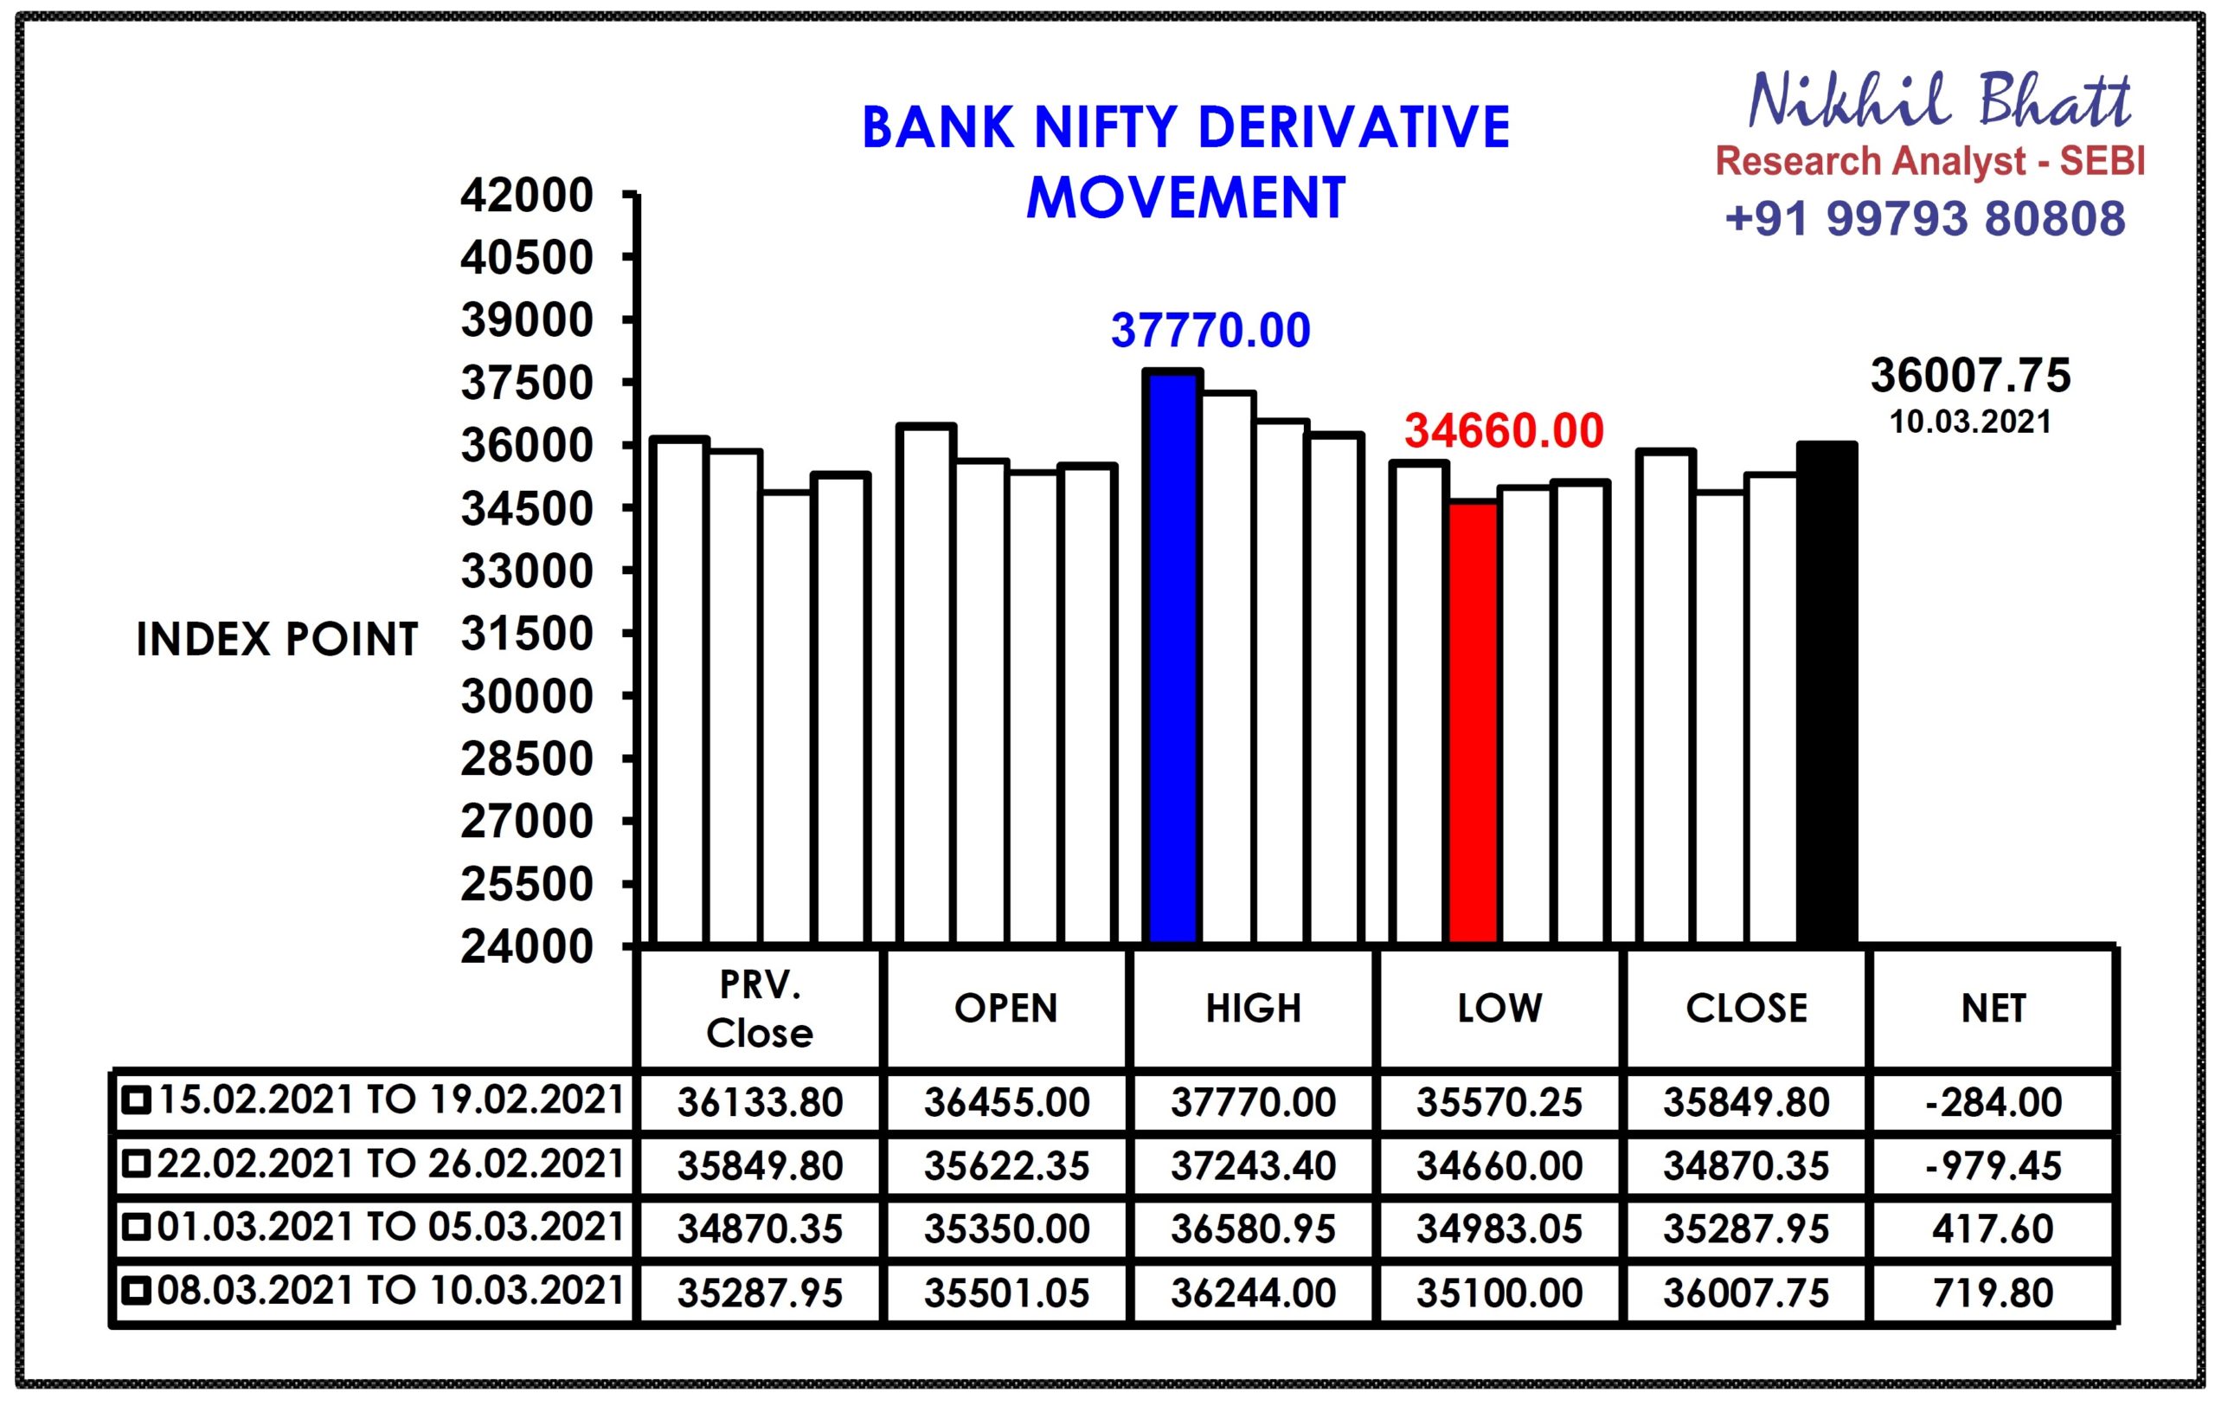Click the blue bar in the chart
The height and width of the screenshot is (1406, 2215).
click(1172, 657)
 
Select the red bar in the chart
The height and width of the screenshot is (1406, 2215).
click(1473, 722)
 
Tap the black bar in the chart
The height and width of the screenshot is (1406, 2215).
click(1827, 693)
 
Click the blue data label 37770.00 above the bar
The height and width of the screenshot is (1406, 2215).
click(1210, 332)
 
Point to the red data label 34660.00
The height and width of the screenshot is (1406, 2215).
click(1504, 430)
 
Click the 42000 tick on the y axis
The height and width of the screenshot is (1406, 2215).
click(527, 195)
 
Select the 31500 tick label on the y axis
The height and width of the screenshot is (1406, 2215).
click(527, 634)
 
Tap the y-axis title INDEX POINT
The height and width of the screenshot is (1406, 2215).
click(277, 640)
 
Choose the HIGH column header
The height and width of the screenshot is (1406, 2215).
click(1253, 1009)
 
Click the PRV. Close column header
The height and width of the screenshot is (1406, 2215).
click(760, 1009)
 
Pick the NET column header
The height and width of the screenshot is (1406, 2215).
click(1993, 1009)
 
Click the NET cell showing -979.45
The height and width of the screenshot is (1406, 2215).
click(1993, 1167)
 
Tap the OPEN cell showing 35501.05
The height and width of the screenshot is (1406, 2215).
click(1006, 1293)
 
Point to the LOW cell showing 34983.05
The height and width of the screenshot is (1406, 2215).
click(1499, 1230)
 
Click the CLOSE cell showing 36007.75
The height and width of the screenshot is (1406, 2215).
click(1746, 1293)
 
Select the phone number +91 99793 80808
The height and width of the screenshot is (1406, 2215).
click(1925, 219)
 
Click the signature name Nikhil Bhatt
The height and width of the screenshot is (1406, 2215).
click(1939, 100)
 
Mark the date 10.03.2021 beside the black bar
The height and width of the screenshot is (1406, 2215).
click(1970, 422)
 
